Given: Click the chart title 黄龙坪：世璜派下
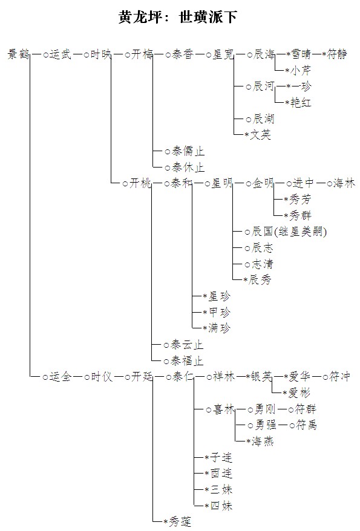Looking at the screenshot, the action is click(177, 17).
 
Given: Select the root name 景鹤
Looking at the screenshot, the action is click(18, 54).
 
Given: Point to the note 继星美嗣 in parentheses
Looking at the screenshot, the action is click(300, 232).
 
